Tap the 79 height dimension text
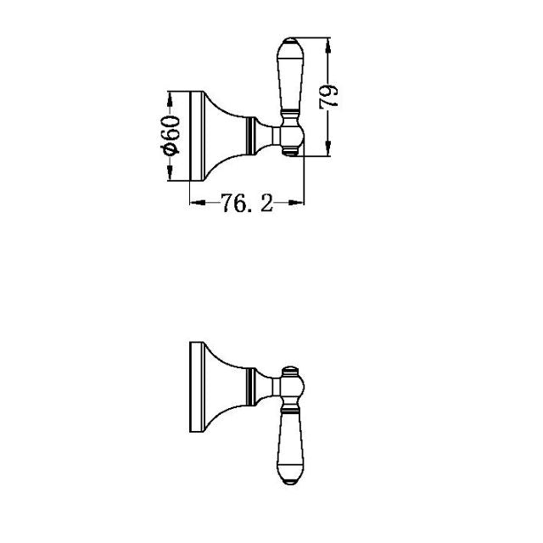pos(332,96)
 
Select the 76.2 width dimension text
pos(247,204)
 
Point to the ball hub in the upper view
pos(288,136)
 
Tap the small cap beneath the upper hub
pos(289,154)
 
